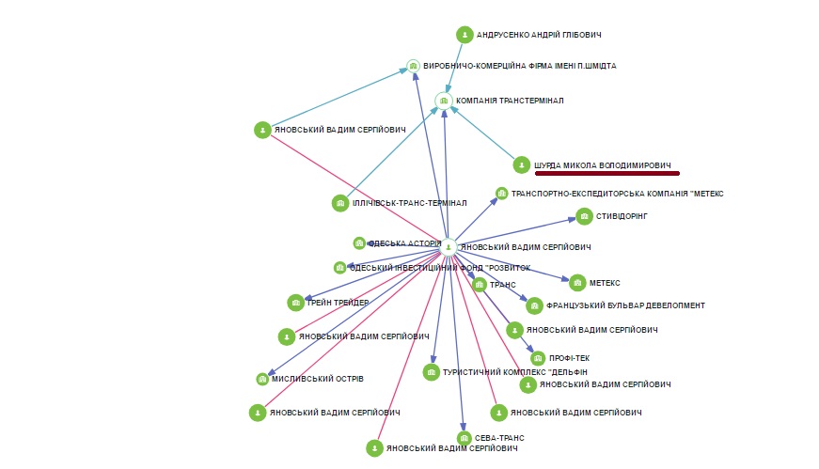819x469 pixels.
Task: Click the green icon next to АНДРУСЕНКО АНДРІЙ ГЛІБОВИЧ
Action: [x=465, y=35]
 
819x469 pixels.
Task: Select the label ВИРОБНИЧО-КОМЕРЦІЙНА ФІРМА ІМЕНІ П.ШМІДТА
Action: [x=520, y=67]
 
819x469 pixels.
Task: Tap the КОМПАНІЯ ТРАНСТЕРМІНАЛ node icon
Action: [x=444, y=101]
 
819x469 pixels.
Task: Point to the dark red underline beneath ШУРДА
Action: [x=606, y=173]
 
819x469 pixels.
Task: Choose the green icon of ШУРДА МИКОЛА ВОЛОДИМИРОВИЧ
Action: [x=522, y=165]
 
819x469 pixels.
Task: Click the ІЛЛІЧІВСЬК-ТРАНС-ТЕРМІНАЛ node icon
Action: [x=340, y=203]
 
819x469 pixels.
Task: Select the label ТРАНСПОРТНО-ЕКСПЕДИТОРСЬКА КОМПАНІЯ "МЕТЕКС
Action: [x=617, y=194]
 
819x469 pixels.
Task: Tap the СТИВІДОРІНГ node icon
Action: [x=581, y=216]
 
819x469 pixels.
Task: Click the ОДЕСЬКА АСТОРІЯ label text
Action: [x=404, y=243]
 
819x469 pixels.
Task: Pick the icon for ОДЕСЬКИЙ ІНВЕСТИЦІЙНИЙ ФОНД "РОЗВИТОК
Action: [x=339, y=268]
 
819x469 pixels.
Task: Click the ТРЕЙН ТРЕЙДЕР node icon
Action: [x=295, y=303]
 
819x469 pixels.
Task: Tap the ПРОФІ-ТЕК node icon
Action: [x=538, y=358]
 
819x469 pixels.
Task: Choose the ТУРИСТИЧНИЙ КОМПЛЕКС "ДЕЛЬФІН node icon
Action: [x=432, y=373]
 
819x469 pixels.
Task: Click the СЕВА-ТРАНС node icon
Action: [x=465, y=438]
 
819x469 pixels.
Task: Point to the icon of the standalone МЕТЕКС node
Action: [x=577, y=282]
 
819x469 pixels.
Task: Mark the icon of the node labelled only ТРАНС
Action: [x=480, y=284]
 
